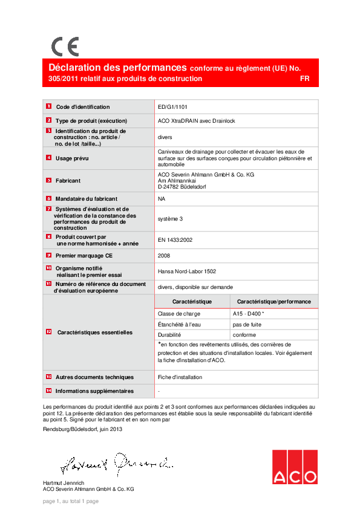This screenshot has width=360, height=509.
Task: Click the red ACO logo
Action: (295, 467)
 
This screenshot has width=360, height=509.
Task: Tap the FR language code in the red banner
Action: (304, 79)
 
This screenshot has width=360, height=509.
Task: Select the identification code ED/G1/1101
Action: (172, 106)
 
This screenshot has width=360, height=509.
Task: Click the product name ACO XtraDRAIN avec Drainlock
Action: (196, 121)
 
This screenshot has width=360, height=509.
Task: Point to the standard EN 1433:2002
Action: (175, 240)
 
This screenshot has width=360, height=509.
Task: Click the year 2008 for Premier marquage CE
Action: (163, 256)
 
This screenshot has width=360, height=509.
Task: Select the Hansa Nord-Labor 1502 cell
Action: (186, 271)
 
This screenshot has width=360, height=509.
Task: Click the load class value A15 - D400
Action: (248, 314)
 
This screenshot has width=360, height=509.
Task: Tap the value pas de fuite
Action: (247, 324)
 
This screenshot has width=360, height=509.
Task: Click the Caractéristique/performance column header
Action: (274, 301)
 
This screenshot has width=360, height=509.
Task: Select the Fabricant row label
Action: (68, 180)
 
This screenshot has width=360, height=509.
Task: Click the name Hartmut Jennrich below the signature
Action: (64, 482)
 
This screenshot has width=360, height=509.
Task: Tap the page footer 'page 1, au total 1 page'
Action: (70, 501)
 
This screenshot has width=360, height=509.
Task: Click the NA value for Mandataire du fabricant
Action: (162, 198)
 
